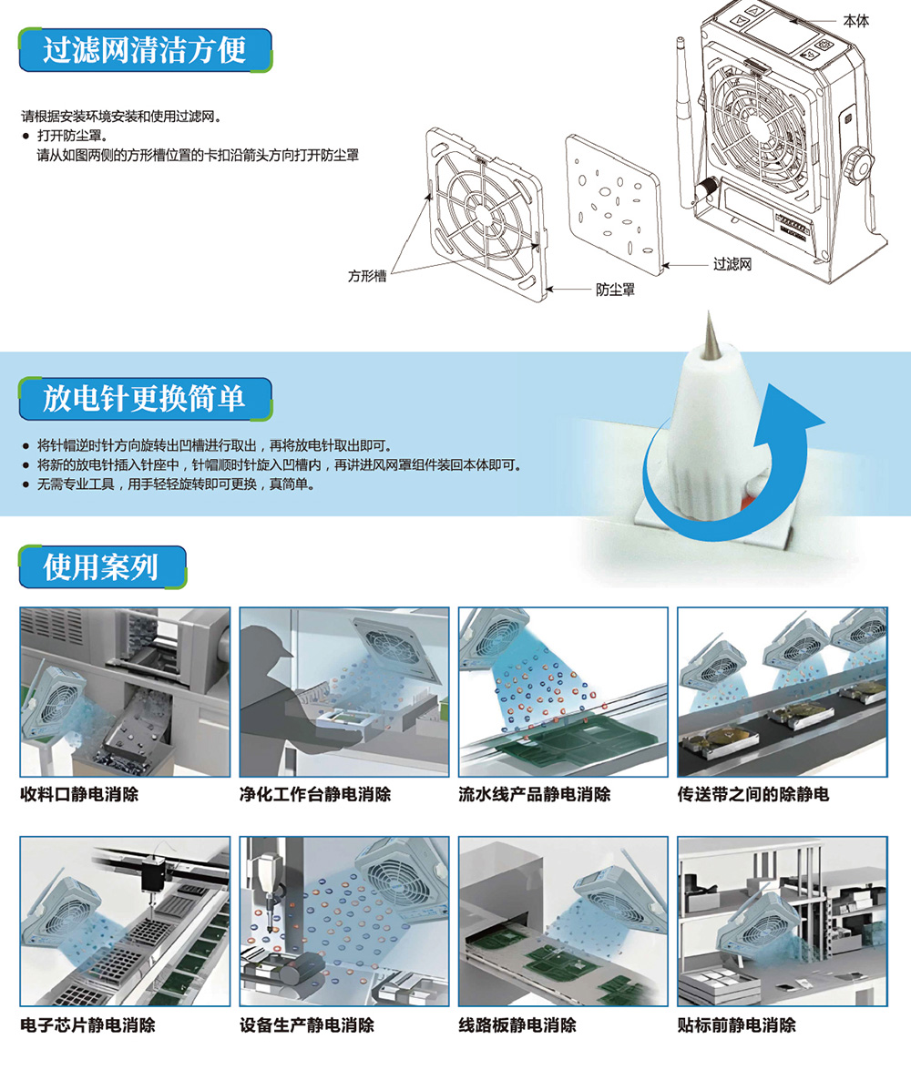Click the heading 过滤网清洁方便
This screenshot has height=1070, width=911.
(x=145, y=49)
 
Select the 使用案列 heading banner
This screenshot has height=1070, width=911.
(x=101, y=566)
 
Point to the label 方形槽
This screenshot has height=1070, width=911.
(x=367, y=275)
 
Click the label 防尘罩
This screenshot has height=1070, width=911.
(x=615, y=290)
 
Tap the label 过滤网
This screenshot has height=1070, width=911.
(x=732, y=265)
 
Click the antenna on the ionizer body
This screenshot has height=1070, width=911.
(x=684, y=100)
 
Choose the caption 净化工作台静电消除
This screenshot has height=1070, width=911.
(x=315, y=794)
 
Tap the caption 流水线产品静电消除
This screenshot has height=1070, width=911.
(x=535, y=794)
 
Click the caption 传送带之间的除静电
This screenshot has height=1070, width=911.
(x=753, y=794)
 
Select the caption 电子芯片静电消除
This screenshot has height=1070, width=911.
(x=87, y=1024)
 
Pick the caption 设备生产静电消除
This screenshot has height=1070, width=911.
(x=307, y=1024)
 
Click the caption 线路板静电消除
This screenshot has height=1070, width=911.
(x=517, y=1024)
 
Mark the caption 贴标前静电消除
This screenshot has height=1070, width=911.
(x=737, y=1024)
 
